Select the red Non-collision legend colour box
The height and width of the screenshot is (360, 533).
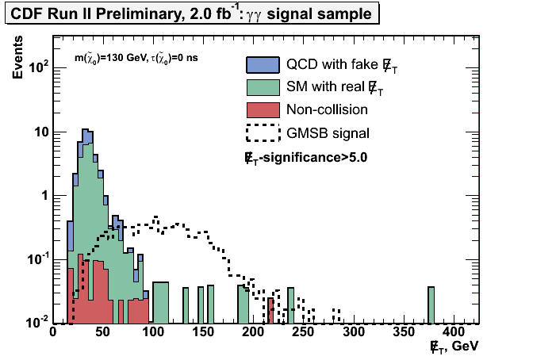pos(263,110)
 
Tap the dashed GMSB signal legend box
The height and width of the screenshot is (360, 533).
pos(263,132)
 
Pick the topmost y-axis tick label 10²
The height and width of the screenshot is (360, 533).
pos(35,68)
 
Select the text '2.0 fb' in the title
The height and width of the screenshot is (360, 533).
pos(178,13)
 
